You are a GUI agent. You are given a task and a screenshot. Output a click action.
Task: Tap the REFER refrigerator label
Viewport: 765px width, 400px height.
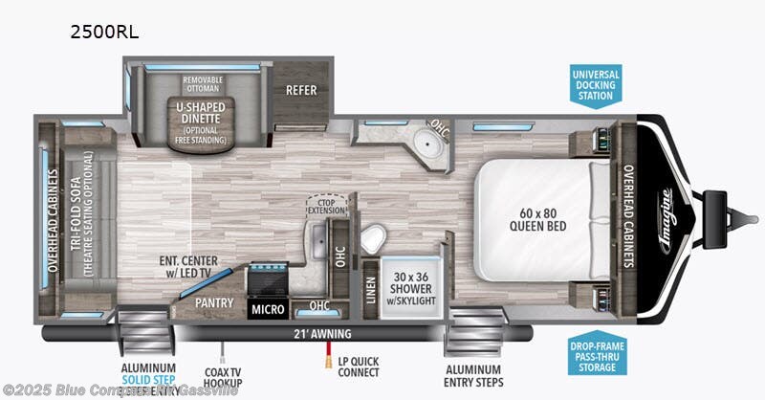tap(301, 90)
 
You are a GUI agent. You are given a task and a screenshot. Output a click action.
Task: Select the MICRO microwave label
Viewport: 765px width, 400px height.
tap(269, 310)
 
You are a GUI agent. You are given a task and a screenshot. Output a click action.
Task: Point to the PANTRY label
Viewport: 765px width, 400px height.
tap(216, 300)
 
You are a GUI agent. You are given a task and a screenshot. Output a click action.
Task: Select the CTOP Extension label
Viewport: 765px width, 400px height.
tap(327, 205)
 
